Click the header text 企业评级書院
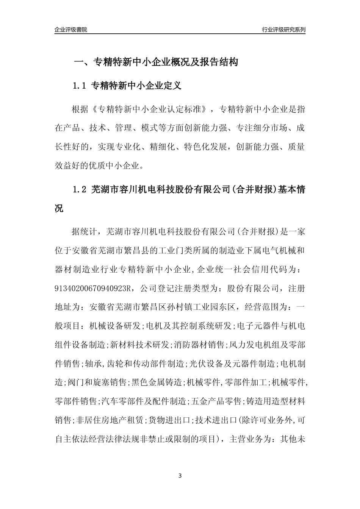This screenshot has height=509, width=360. [71, 30]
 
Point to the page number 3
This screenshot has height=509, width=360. [180, 476]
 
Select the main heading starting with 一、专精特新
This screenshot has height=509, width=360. [155, 62]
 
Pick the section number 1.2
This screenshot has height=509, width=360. [80, 189]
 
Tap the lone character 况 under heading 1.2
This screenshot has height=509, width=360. [59, 208]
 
